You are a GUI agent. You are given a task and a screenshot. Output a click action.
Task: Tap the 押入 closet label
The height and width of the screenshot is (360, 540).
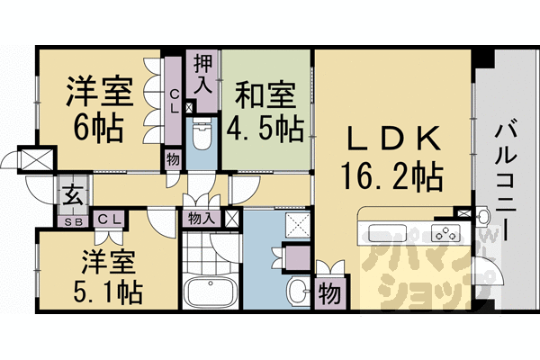point(202,73)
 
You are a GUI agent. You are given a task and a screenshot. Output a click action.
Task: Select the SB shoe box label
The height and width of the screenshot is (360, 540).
point(71,219)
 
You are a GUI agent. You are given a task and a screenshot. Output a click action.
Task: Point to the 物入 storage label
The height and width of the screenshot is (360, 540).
point(201,217)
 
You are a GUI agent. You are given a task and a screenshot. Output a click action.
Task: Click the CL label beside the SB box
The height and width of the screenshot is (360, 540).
point(109,219)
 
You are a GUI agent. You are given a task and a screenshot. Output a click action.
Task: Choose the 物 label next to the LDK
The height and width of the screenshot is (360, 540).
point(329,293)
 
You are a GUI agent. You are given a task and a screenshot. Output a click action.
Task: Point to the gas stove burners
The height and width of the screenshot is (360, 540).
point(443,234)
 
